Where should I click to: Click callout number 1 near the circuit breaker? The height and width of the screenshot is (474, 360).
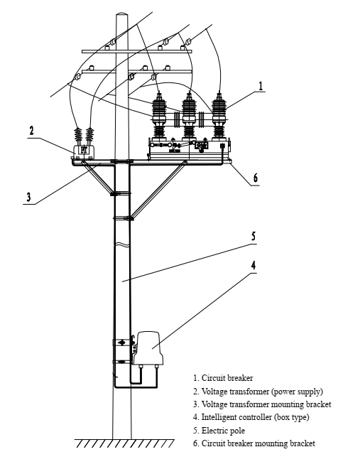(x=261, y=85)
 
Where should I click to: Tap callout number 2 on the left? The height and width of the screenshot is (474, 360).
(x=31, y=131)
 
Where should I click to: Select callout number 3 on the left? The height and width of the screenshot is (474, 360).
(x=29, y=196)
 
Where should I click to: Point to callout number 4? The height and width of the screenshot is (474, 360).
(x=254, y=266)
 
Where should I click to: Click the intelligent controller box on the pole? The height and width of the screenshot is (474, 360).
(x=151, y=348)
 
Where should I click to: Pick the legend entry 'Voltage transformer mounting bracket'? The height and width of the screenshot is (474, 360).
(x=261, y=404)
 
